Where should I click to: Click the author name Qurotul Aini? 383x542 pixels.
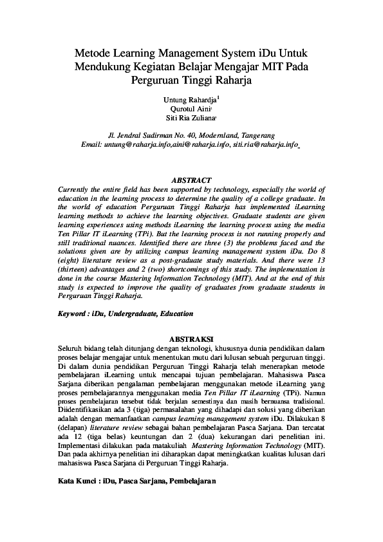[x=191, y=109]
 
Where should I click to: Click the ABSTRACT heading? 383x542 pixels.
[x=191, y=180]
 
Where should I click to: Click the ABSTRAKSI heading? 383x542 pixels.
[x=191, y=338]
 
